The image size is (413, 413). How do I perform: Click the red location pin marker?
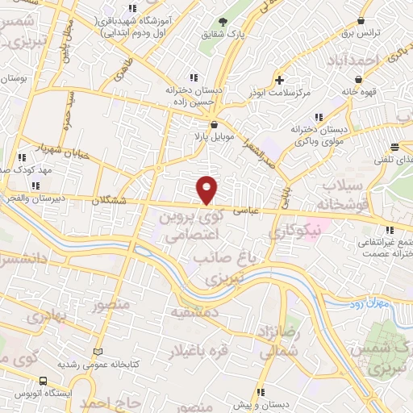coord(207,189)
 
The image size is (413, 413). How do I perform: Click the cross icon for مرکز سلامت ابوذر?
coord(279,80)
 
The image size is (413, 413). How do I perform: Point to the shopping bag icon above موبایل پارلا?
coord(214,126)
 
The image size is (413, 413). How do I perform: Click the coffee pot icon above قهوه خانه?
coord(357,80)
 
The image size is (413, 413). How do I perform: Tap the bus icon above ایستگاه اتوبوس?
coord(42,380)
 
